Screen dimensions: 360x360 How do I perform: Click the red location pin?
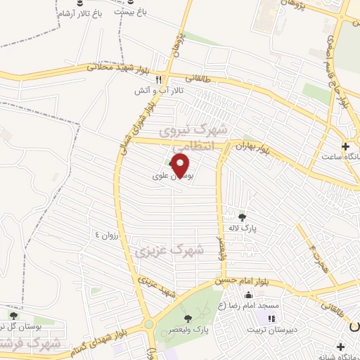[x=181, y=165]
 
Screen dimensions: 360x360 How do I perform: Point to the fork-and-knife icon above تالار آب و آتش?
[x=159, y=80]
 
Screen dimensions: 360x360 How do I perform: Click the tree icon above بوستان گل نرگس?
[x=13, y=316]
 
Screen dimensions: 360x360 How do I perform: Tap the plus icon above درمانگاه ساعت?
[x=345, y=146]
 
